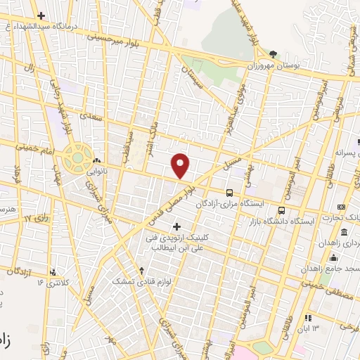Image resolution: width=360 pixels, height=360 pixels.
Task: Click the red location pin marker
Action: [181, 165]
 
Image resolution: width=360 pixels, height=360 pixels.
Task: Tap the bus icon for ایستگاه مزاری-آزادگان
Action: [229, 193]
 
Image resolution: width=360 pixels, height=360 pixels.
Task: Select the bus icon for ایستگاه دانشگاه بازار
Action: [281, 210]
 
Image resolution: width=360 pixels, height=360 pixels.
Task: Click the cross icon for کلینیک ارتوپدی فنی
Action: [176, 226]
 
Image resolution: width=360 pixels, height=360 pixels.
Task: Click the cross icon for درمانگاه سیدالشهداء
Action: [41, 15]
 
